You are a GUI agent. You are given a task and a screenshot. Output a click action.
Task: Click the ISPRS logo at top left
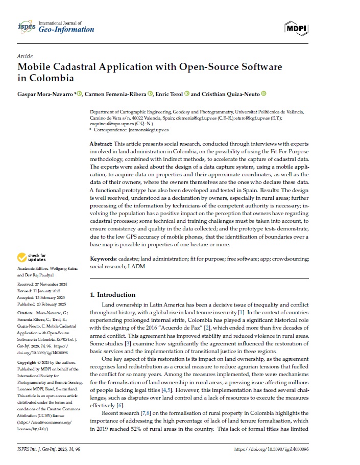[x=26, y=26]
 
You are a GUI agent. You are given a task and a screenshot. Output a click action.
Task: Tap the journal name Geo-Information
[x=66, y=30]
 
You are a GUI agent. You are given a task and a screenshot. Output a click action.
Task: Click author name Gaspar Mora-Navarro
[x=45, y=94]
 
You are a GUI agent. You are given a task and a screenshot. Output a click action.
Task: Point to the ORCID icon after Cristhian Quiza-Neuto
[x=263, y=94]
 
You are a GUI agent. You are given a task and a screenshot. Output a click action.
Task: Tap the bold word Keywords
[x=104, y=259]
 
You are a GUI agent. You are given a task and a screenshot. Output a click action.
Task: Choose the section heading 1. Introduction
[x=113, y=295]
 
